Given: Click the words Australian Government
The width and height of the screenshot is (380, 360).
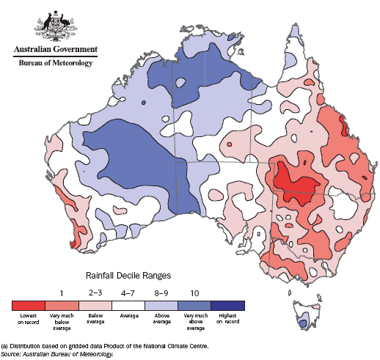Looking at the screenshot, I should [x=55, y=50].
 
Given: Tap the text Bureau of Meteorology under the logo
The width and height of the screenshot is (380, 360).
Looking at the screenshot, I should [x=55, y=63].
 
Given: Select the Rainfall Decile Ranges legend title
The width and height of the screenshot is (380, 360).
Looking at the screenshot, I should [x=128, y=276].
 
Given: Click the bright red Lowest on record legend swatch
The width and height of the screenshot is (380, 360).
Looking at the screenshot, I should [x=29, y=304].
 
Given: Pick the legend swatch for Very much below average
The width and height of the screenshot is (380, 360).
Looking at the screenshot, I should [x=62, y=304].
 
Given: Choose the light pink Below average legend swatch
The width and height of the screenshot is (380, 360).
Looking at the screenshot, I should [x=95, y=304].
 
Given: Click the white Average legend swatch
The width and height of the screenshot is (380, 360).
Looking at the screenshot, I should [x=128, y=304].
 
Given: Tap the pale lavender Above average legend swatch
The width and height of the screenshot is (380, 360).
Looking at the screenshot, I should [x=161, y=304].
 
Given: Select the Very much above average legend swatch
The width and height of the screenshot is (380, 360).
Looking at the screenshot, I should [x=194, y=304].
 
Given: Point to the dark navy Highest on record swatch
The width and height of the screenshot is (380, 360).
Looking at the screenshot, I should [x=227, y=304].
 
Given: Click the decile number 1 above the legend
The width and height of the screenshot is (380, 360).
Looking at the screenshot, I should [x=62, y=293].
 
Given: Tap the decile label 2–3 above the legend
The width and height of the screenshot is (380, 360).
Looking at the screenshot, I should [x=95, y=293].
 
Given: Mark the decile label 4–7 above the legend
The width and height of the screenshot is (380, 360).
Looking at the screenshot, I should [x=128, y=293].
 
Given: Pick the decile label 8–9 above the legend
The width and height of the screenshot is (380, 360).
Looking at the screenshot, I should [x=161, y=293].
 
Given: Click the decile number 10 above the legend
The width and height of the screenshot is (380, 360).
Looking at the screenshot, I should [x=194, y=293].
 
